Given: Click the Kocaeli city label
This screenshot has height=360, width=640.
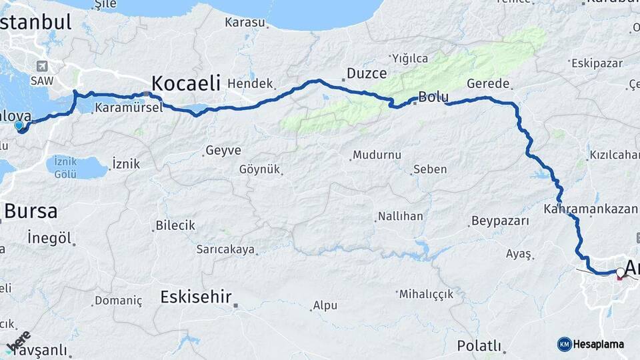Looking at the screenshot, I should [186, 83].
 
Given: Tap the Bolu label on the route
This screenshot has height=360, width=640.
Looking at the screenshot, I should [433, 97].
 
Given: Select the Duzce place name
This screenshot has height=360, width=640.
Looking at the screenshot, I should [366, 73].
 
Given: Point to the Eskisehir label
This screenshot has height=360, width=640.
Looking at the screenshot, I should [195, 297].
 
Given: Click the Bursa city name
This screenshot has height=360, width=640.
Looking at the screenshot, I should [31, 211].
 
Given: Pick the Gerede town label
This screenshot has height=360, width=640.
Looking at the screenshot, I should [489, 84].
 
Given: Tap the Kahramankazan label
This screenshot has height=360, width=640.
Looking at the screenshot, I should [590, 209].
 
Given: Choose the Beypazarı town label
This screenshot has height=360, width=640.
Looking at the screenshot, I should [500, 221].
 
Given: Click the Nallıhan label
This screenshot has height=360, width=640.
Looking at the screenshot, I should [400, 217].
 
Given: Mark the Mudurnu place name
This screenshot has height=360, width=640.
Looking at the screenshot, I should [377, 155].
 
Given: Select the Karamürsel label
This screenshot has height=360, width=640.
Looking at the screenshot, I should [128, 107].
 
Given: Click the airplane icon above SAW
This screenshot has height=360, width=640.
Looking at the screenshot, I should [43, 66].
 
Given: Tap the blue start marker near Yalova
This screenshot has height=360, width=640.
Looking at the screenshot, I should [19, 125].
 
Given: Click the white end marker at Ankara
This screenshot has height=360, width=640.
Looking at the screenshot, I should [621, 272].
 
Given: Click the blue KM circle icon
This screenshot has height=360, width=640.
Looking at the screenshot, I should [564, 344].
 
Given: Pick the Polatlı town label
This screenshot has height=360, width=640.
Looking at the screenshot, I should [479, 345].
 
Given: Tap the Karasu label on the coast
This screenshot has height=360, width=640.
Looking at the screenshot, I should [245, 23].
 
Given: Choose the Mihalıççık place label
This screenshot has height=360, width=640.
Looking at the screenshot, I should [426, 293].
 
